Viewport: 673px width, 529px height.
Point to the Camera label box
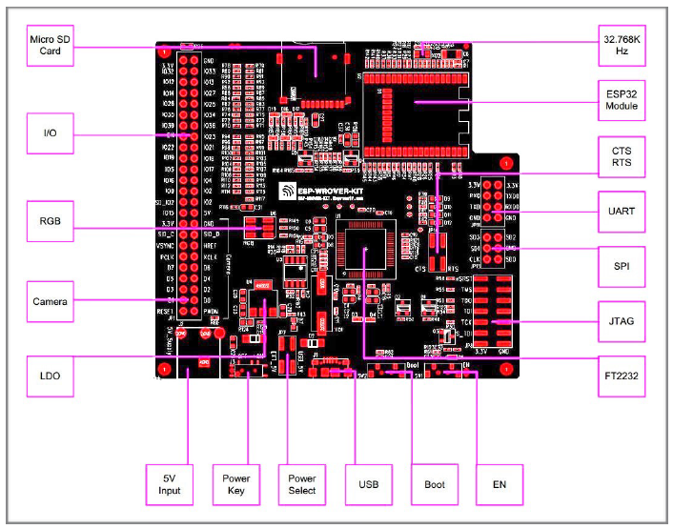pos(51,301)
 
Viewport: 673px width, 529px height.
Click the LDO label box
pos(51,376)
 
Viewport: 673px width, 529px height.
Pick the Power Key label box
pos(235,484)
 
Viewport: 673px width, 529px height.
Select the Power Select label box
pos(301,484)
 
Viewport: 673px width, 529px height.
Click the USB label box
pos(369,484)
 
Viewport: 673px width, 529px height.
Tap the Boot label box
pos(435,484)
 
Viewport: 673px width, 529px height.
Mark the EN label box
pos(500,484)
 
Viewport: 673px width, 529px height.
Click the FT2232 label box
pos(622,376)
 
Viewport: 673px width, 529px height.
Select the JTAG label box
pos(622,321)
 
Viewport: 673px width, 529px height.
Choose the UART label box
pos(622,208)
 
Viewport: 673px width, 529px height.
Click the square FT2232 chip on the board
pos(367,251)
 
